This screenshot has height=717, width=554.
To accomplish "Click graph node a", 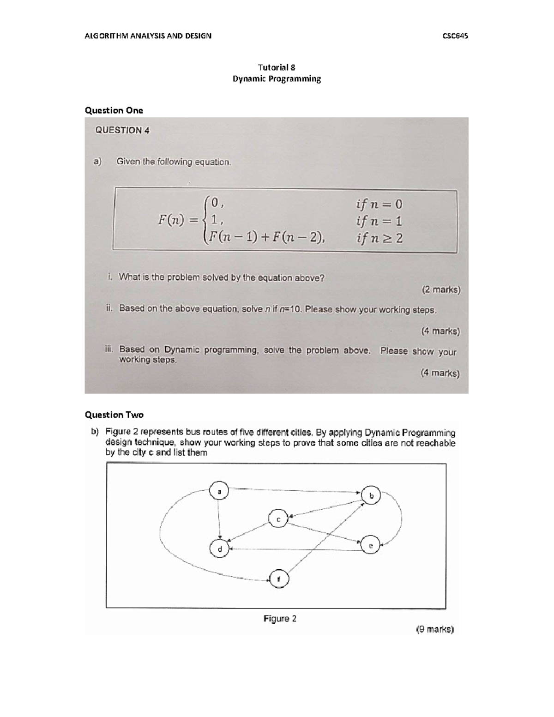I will coord(219,491).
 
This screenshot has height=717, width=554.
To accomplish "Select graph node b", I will coord(371,495).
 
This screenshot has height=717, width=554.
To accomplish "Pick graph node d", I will coord(220,549).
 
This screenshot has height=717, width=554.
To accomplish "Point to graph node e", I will coord(370,545).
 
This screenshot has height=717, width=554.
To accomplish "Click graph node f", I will coord(278,578).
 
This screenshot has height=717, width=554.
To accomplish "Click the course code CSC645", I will coord(455,36).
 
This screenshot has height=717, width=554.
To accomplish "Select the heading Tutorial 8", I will coord(277,67).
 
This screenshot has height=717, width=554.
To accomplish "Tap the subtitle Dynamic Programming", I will coord(277,78).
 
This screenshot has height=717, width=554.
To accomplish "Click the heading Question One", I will coord(114,110).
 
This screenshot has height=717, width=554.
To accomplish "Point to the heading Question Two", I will coord(114,415).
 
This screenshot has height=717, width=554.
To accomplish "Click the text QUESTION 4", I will coord(122,130).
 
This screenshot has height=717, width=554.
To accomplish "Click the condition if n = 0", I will coord(379,204).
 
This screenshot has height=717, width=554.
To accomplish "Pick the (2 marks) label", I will coord(440,290).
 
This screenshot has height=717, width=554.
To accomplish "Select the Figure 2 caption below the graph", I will coord(280,619).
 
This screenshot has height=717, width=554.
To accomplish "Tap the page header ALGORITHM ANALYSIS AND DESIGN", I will coord(148,36).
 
